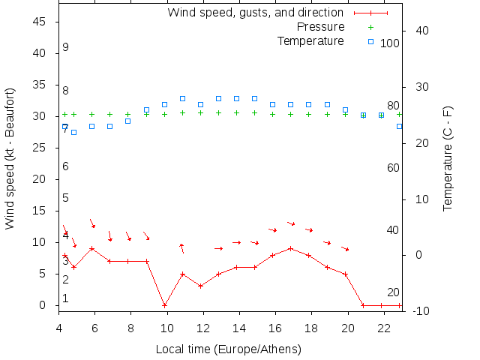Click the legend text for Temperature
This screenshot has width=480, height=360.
tap(310, 40)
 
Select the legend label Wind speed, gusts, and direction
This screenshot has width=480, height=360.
tap(255, 13)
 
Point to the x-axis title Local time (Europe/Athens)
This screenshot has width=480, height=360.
tap(228, 349)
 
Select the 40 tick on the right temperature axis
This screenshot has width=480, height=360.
tap(421, 31)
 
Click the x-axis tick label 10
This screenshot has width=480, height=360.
tap(166, 328)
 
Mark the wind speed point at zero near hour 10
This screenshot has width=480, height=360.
tap(164, 305)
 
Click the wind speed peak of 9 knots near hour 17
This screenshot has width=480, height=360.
tap(291, 248)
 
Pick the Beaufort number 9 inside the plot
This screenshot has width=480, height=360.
tap(66, 47)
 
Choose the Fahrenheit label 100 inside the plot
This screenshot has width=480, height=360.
tap(390, 43)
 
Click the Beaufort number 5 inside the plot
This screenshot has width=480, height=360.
tap(66, 198)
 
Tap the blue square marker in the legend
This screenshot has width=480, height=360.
tap(370, 40)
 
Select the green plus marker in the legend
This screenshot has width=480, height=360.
tap(370, 27)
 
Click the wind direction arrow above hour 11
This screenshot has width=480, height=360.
tap(181, 247)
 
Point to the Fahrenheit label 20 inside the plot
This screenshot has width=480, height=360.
tap(393, 292)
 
